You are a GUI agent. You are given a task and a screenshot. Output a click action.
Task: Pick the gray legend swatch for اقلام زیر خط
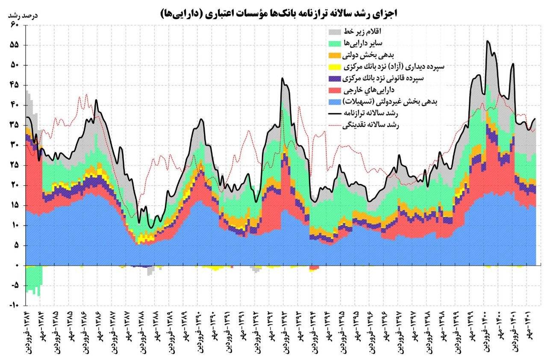335,32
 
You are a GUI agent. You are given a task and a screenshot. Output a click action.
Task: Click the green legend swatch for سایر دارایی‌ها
335,44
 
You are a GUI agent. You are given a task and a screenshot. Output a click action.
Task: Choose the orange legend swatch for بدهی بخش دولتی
335,56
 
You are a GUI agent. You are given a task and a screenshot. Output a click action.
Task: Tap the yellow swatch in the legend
335,67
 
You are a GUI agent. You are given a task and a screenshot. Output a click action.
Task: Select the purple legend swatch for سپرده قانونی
335,79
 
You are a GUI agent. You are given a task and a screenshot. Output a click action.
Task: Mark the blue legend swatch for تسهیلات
335,102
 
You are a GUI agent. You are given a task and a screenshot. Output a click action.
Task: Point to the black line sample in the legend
335,114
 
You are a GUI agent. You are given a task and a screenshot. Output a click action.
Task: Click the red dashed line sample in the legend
335,125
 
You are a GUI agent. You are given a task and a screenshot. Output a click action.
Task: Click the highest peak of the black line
488,41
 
